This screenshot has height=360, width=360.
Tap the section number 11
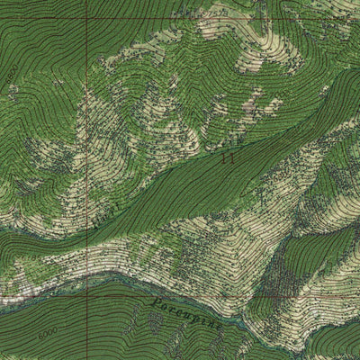(x=227, y=157)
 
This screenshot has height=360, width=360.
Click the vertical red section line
(x=88, y=180)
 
